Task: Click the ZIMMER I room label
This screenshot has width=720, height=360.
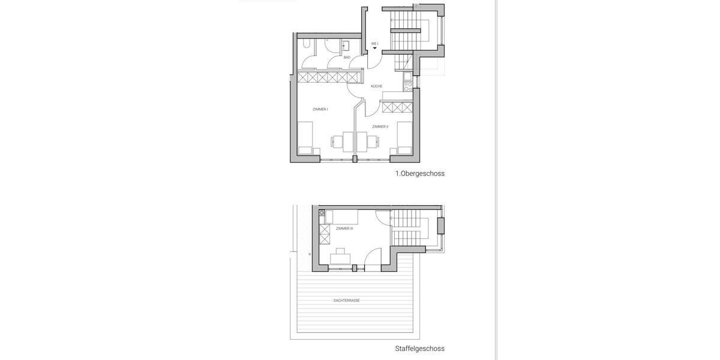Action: pos(320,109)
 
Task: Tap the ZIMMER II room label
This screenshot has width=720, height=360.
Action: pos(380,127)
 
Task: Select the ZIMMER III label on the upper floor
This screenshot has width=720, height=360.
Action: pos(344,229)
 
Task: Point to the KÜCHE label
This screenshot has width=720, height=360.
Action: pos(376,86)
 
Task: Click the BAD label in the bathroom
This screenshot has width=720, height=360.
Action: pos(347,57)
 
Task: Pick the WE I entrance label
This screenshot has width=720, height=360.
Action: pos(374,44)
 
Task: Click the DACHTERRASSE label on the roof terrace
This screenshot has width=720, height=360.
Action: pos(347,300)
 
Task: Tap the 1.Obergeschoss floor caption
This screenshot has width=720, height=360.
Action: pos(419,173)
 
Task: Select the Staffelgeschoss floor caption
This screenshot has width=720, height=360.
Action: pos(419,348)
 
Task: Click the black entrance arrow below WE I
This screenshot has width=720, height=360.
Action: pos(375,49)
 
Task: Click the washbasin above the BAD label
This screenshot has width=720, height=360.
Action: pos(346,44)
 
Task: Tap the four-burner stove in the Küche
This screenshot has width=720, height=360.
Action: pos(408,85)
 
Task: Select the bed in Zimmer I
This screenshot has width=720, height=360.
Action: pos(306,138)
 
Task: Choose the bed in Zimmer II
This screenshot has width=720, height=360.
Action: pos(403,138)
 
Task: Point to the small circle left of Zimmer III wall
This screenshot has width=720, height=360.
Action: pos(310,254)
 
